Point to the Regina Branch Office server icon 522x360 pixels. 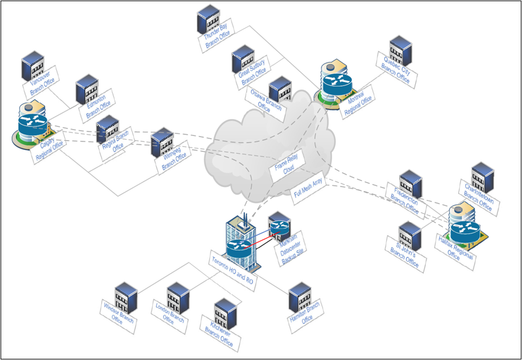pyautogui.click(x=107, y=128)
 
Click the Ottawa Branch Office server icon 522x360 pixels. pyautogui.click(x=280, y=90)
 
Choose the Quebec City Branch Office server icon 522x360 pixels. pyautogui.click(x=400, y=51)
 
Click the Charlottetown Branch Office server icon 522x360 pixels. pyautogui.click(x=482, y=177)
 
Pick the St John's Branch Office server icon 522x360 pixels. pyautogui.click(x=409, y=235)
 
